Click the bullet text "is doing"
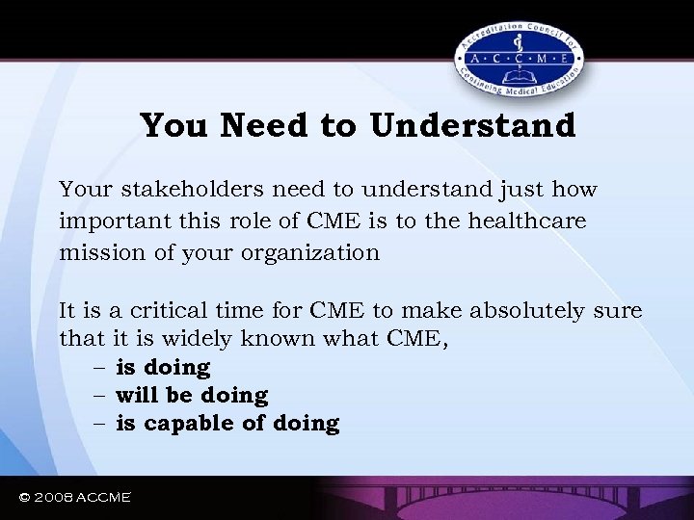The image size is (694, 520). [x=163, y=368]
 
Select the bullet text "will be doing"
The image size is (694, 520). [x=192, y=396]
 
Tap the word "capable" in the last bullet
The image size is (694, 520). [x=181, y=424]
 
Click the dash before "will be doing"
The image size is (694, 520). [x=100, y=396]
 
